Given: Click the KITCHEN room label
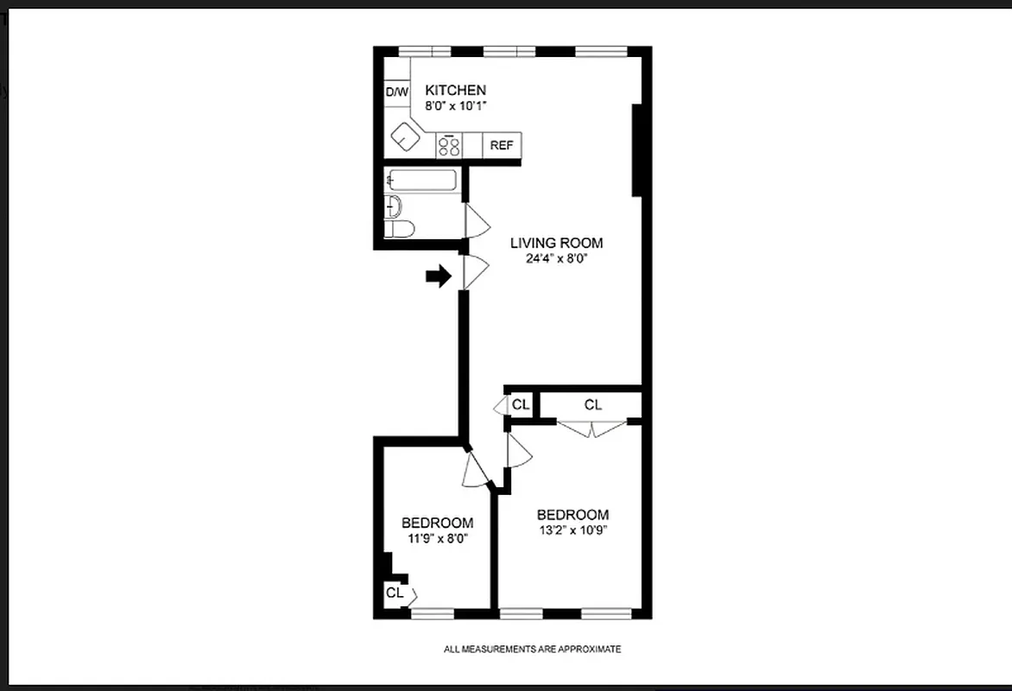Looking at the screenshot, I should point(455,90).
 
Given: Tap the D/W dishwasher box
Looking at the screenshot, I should point(396,92).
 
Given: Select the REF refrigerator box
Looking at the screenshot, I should point(502,145).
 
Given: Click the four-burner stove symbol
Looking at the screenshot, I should point(448,145).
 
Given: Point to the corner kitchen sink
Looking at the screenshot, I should point(404,136).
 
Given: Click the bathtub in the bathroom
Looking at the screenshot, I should point(422,181).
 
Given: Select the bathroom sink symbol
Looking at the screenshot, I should point(393,206).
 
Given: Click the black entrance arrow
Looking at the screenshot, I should point(439,276).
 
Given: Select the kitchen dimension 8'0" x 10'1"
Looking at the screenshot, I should point(455,105).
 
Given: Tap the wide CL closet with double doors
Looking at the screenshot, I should point(592,404).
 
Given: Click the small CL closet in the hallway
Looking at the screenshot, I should point(520,404).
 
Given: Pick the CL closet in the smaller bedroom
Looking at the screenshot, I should point(395,593).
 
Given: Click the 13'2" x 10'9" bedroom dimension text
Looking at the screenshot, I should point(572,530).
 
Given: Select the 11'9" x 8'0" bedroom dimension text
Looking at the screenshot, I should point(437,538).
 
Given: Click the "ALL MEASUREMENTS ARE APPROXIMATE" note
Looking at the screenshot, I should point(532,649).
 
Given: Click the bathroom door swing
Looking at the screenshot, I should point(476,221).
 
